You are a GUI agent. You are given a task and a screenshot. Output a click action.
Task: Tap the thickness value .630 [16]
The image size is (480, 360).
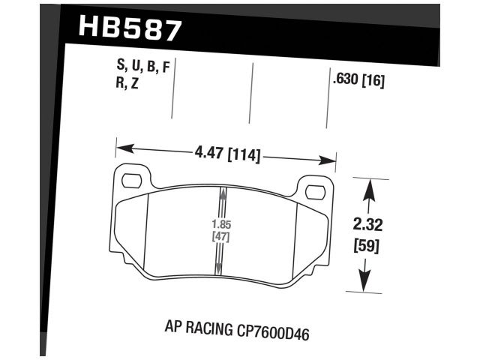357,81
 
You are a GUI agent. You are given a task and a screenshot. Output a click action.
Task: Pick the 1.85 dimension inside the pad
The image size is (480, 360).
220,223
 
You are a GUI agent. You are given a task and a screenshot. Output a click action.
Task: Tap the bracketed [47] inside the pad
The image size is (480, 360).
220,236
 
